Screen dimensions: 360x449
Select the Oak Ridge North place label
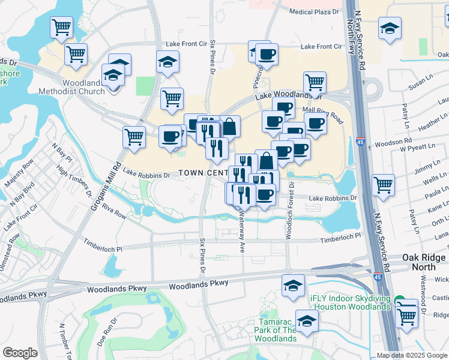click(x=424, y=262)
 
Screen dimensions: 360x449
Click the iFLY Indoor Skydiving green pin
click(x=399, y=299)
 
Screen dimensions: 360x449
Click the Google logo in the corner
click(x=20, y=353)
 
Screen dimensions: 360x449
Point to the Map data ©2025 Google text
click(x=412, y=355)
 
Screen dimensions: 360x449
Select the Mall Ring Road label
click(x=322, y=113)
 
